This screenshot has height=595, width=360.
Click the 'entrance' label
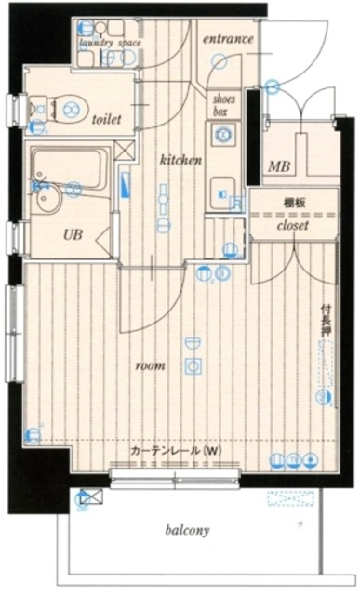[228, 39]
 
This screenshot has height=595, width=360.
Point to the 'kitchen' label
[180, 160]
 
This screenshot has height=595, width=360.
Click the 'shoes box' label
[225, 103]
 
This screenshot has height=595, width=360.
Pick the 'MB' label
[279, 167]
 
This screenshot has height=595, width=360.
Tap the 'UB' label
[72, 235]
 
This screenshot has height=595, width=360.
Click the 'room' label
[150, 365]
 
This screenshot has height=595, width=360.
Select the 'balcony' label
[187, 531]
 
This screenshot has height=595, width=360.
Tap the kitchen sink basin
[221, 184]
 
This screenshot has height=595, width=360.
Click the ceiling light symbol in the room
[193, 364]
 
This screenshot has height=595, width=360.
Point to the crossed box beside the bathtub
[125, 149]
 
